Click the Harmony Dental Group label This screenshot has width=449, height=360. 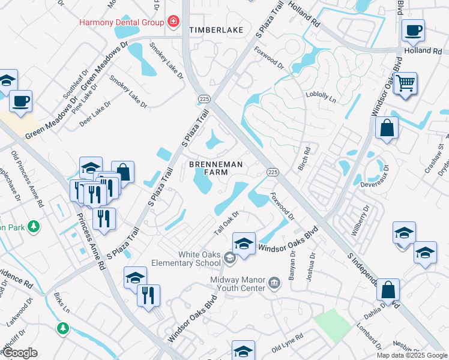tap(122, 23)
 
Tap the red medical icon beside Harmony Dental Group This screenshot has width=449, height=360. tap(173, 22)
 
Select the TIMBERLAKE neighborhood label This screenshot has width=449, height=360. tap(212, 29)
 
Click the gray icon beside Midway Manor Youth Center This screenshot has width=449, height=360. tap(274, 282)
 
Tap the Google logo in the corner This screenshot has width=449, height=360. tap(20, 353)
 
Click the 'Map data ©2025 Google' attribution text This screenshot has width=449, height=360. tap(412, 355)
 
